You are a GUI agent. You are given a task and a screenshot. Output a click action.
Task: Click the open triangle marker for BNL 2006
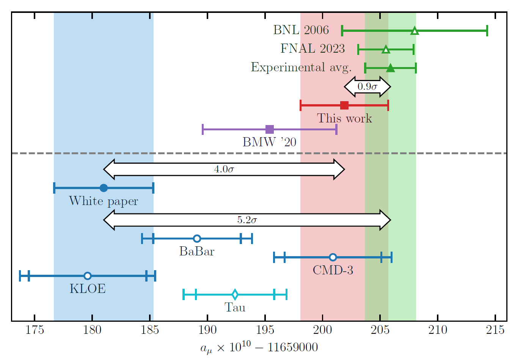[415, 31]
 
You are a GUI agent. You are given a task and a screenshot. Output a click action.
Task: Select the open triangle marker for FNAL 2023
[386, 49]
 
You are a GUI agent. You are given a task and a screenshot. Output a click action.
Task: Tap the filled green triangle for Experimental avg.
[390, 68]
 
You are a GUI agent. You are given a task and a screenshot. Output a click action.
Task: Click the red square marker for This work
[344, 105]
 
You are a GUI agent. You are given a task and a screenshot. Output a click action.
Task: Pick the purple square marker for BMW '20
[270, 129]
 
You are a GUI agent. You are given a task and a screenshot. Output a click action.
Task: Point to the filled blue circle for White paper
[104, 188]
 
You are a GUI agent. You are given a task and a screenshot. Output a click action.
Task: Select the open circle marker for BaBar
[197, 238]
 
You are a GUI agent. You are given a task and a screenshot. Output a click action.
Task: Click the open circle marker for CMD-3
[333, 257]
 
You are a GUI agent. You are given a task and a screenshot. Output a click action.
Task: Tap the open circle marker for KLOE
[88, 275]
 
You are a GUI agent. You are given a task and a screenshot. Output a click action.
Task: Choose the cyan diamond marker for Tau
[235, 294]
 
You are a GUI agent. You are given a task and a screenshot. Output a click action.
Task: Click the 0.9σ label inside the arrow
[367, 86]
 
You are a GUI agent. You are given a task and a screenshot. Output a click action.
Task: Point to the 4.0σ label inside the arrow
[224, 169]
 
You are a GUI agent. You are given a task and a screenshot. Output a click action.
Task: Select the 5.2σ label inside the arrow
[247, 220]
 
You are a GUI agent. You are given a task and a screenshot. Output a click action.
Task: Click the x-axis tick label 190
[207, 330]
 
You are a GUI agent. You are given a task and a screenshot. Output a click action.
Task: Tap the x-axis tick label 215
[495, 330]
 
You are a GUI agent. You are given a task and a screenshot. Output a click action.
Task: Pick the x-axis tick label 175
[35, 330]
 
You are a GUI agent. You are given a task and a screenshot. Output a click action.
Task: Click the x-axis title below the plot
[259, 347]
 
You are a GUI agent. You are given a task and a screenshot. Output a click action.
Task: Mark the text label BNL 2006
[301, 30]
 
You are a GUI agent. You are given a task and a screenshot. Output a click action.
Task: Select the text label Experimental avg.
[302, 67]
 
